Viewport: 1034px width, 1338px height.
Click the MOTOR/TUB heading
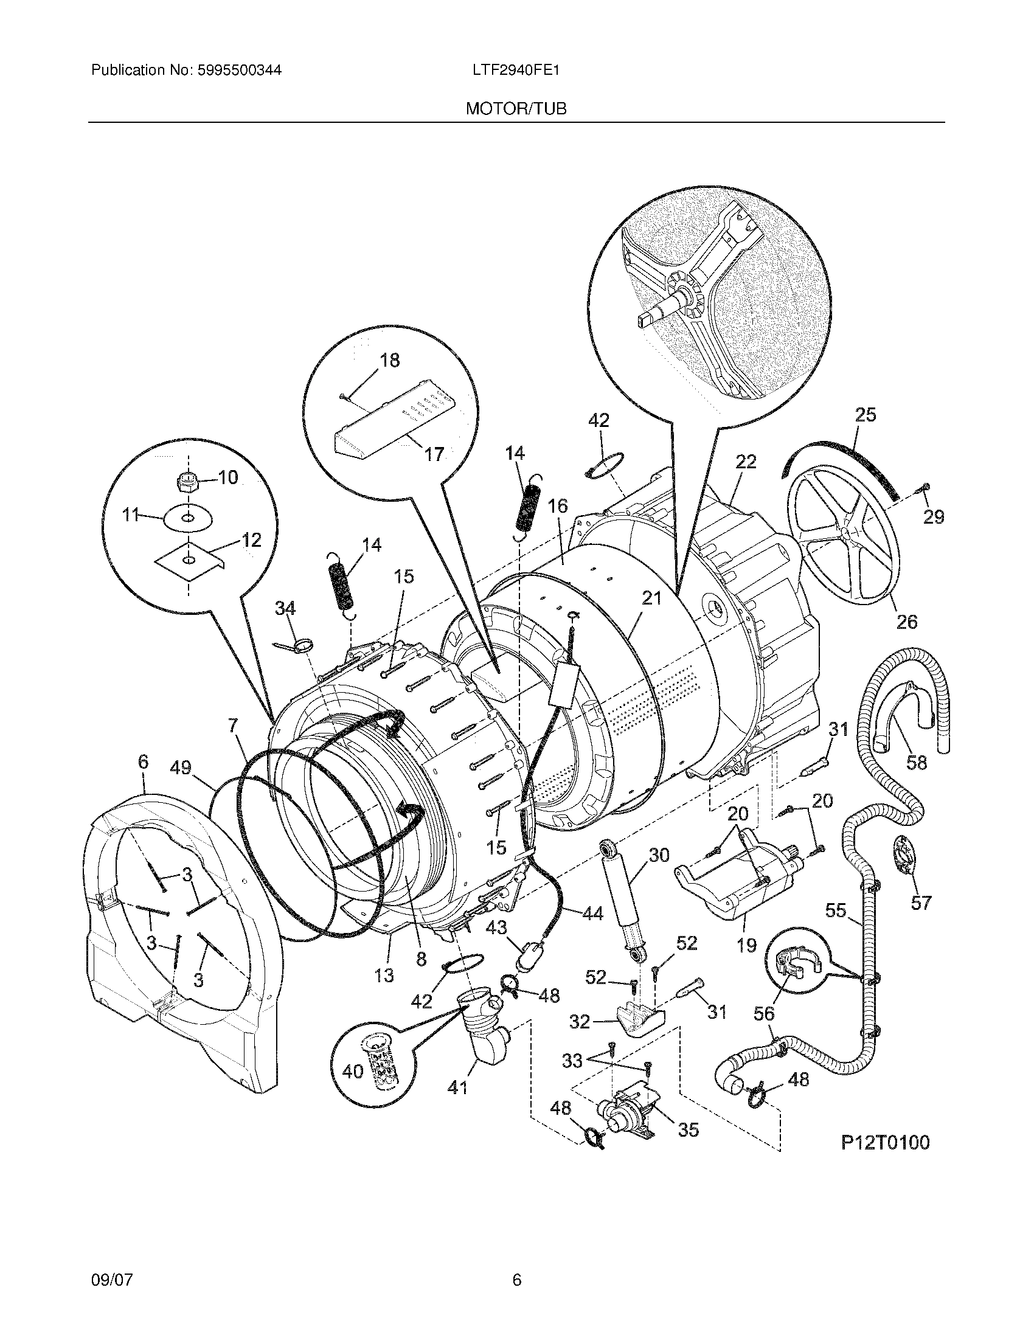[516, 109]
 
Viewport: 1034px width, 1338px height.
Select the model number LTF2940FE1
[516, 71]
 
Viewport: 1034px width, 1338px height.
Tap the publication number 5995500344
[239, 71]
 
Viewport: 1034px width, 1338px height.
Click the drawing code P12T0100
[884, 1142]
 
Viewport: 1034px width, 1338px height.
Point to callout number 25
[865, 415]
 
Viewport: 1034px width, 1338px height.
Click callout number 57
[921, 903]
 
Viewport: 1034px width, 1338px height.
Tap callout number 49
[181, 767]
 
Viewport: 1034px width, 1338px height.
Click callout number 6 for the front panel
[143, 761]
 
